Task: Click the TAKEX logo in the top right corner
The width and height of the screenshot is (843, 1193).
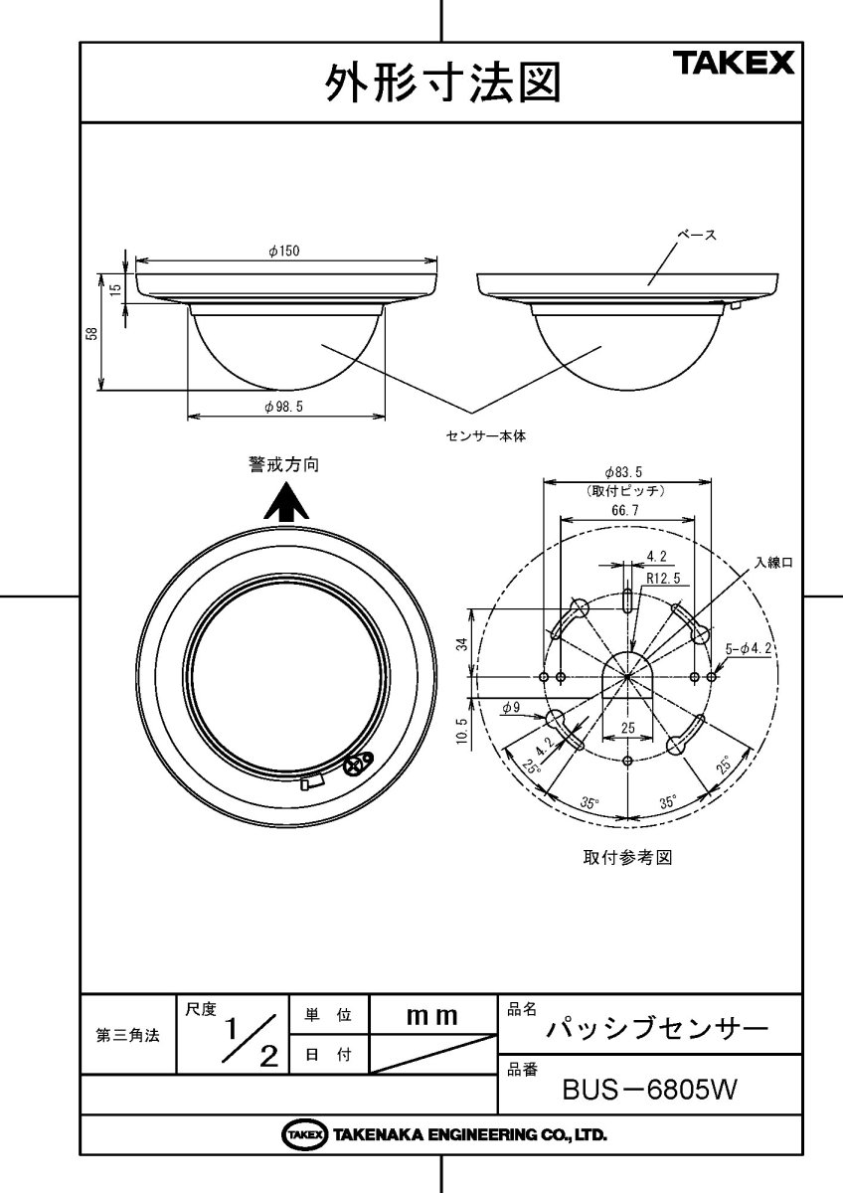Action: [736, 65]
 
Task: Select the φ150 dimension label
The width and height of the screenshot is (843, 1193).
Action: [283, 252]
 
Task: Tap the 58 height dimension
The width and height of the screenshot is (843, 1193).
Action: [91, 335]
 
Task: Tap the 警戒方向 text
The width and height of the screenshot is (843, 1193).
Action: [284, 464]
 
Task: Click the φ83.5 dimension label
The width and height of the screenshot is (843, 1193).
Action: [626, 472]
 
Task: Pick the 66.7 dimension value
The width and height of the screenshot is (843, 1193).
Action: [626, 509]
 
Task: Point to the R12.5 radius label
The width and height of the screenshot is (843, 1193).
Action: [662, 577]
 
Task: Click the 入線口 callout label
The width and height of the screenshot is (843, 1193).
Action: [773, 562]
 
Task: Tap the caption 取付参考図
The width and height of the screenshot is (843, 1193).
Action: [626, 858]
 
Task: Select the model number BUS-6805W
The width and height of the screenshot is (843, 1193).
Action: [648, 1091]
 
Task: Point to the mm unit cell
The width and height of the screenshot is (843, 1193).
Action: [432, 1016]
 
